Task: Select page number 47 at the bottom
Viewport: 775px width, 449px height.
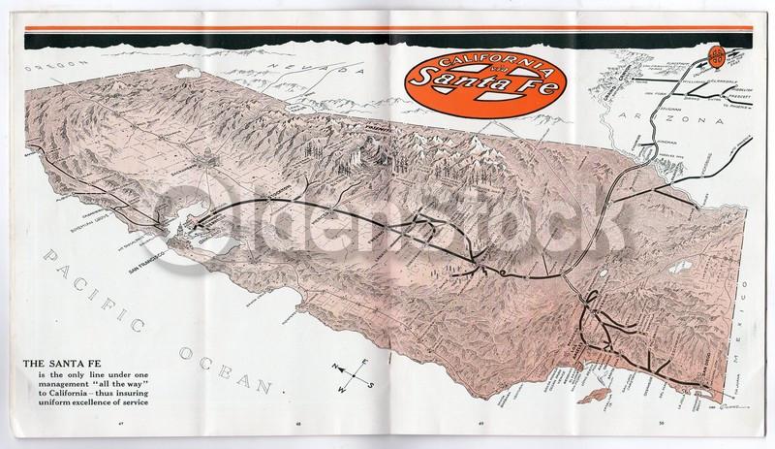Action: click(x=121, y=424)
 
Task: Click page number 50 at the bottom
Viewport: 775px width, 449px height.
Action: click(x=660, y=424)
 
